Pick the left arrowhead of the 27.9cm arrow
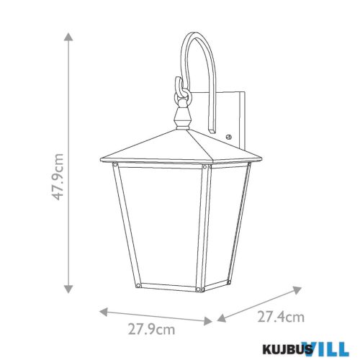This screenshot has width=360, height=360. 102,312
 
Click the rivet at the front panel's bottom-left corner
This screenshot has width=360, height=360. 137,287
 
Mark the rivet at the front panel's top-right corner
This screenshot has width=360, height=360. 204,168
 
